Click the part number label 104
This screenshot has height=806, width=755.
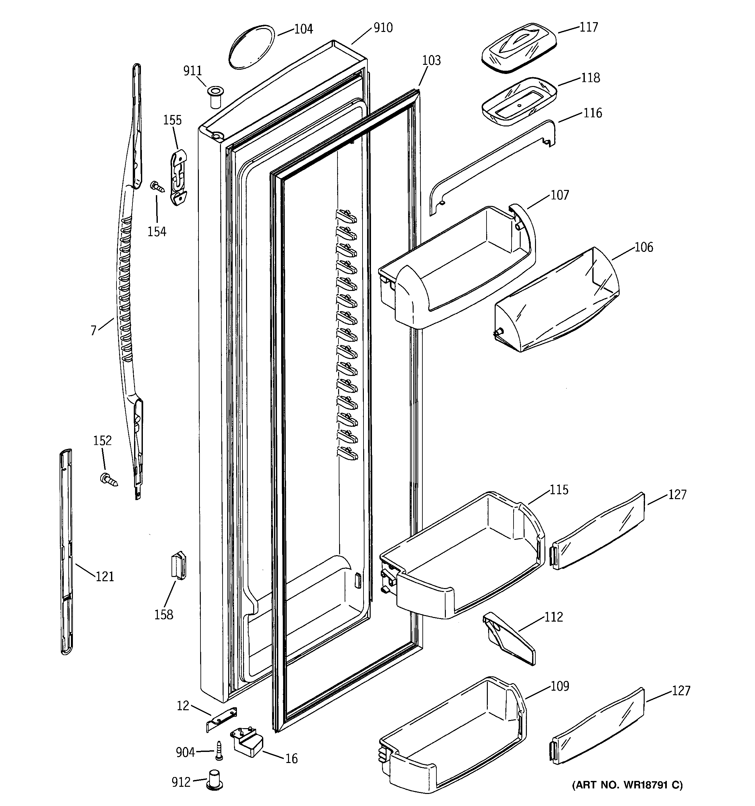point(303,29)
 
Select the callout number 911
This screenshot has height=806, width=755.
point(192,71)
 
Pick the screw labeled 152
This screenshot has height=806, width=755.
point(108,479)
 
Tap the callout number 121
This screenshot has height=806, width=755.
point(104,577)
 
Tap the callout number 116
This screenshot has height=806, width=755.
point(593,113)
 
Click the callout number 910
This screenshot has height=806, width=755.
point(383,28)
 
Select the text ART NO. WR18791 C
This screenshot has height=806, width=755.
point(627,784)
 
